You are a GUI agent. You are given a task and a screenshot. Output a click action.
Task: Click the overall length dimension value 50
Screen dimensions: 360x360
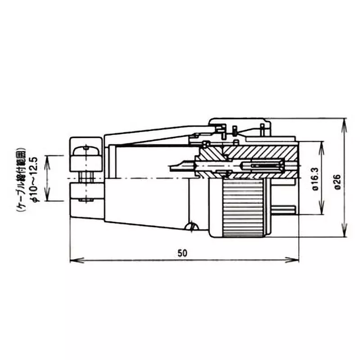coord(182,253)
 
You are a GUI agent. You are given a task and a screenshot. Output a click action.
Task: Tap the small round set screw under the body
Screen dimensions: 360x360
coord(193,226)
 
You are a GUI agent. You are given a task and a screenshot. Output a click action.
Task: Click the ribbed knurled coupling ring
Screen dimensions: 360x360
coord(243,207)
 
